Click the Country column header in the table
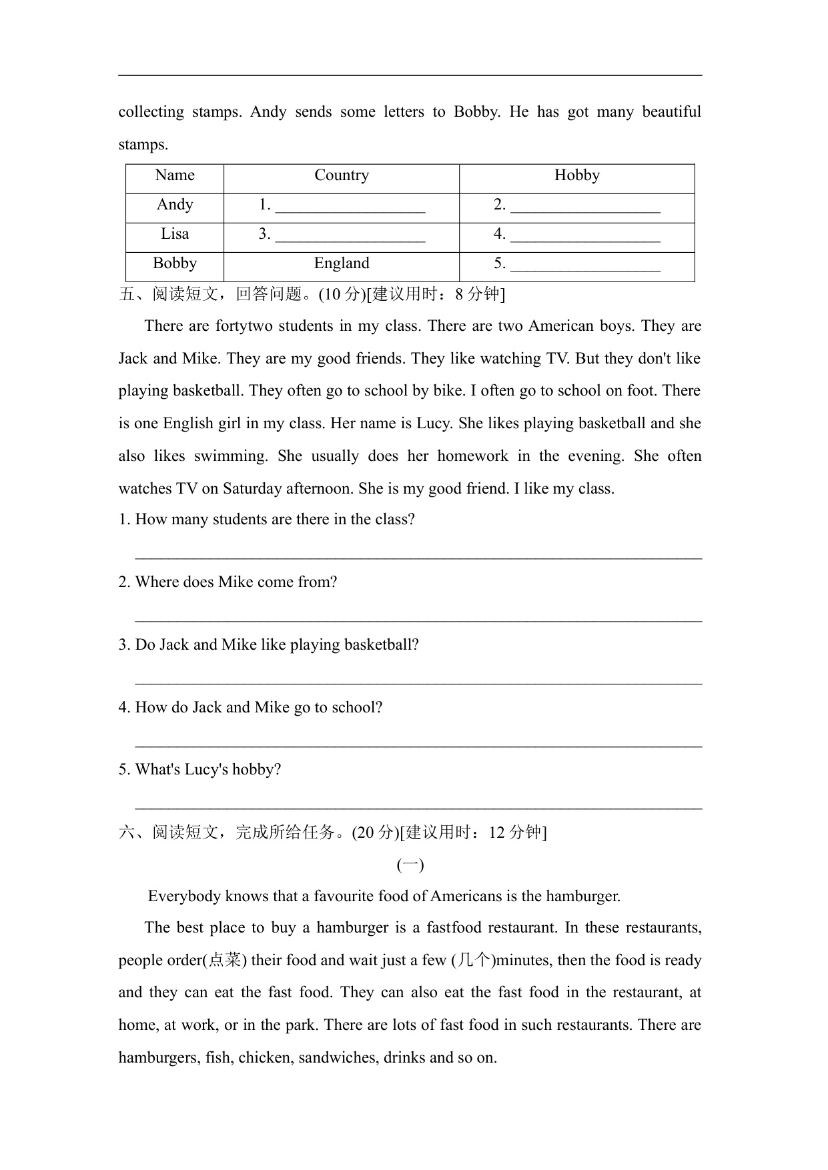342,175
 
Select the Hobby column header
576,175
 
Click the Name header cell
175,175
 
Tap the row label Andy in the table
175,205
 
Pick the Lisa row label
175,234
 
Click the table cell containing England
342,263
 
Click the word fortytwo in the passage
241,326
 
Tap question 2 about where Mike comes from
228,582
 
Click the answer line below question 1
418,556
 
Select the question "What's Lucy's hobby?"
200,770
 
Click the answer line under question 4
418,744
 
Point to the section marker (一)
410,865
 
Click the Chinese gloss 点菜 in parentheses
224,961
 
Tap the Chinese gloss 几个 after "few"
474,961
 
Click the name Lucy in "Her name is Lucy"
432,424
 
